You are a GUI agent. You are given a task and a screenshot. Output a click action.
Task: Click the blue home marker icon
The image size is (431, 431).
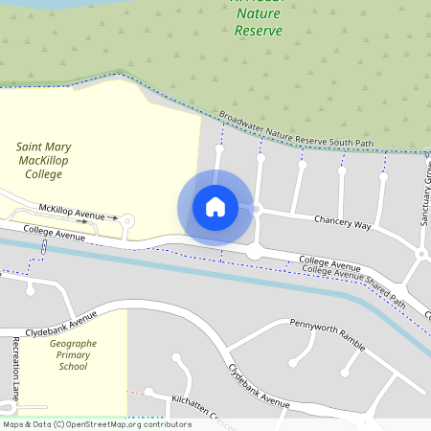[x=215, y=207]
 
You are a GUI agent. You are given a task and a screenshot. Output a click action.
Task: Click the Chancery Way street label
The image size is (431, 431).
[x=342, y=222]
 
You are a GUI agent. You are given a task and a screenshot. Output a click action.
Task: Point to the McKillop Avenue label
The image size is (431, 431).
[x=71, y=209]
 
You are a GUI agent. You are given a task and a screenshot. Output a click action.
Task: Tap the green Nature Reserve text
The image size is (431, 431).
[x=259, y=22]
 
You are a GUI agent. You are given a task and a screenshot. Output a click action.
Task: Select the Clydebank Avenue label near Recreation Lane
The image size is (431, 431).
[x=61, y=322]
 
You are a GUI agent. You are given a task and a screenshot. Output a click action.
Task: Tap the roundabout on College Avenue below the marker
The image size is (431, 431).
[x=255, y=251]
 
